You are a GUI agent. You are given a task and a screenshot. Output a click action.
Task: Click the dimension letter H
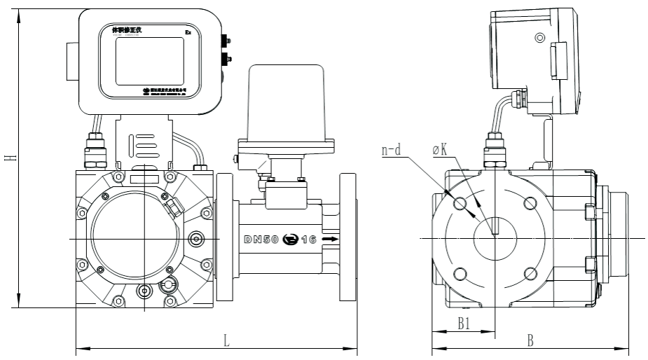click(9, 158)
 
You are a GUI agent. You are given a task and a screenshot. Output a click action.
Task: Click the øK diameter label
click(441, 149)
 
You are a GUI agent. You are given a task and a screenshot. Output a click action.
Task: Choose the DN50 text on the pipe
click(261, 240)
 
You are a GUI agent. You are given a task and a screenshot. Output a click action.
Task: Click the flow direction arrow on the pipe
click(331, 240)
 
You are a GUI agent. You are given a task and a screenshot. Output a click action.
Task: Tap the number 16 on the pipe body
click(309, 240)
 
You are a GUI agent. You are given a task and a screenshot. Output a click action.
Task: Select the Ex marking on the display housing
click(188, 32)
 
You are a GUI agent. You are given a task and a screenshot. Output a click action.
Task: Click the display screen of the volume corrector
click(149, 60)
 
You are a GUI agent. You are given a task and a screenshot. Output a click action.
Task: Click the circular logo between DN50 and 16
click(289, 240)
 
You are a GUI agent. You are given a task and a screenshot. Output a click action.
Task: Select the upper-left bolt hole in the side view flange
click(460, 203)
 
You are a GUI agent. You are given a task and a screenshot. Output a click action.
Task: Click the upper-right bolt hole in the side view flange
click(530, 203)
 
